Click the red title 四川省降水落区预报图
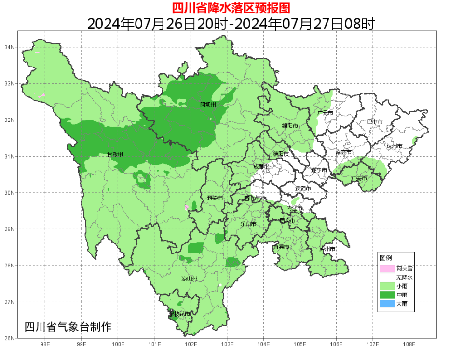[231, 8]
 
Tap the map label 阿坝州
[208, 105]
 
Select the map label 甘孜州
[115, 155]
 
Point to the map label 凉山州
[189, 279]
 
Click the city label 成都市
[261, 166]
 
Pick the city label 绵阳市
[290, 126]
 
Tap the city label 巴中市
[374, 122]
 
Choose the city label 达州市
[395, 146]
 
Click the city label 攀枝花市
[179, 314]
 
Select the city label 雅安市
[215, 198]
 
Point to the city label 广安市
[359, 178]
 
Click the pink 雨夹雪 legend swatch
[387, 268]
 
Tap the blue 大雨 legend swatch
[387, 304]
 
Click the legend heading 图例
[385, 258]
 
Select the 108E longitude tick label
[409, 344]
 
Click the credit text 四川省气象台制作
[68, 327]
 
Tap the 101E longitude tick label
[154, 344]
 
